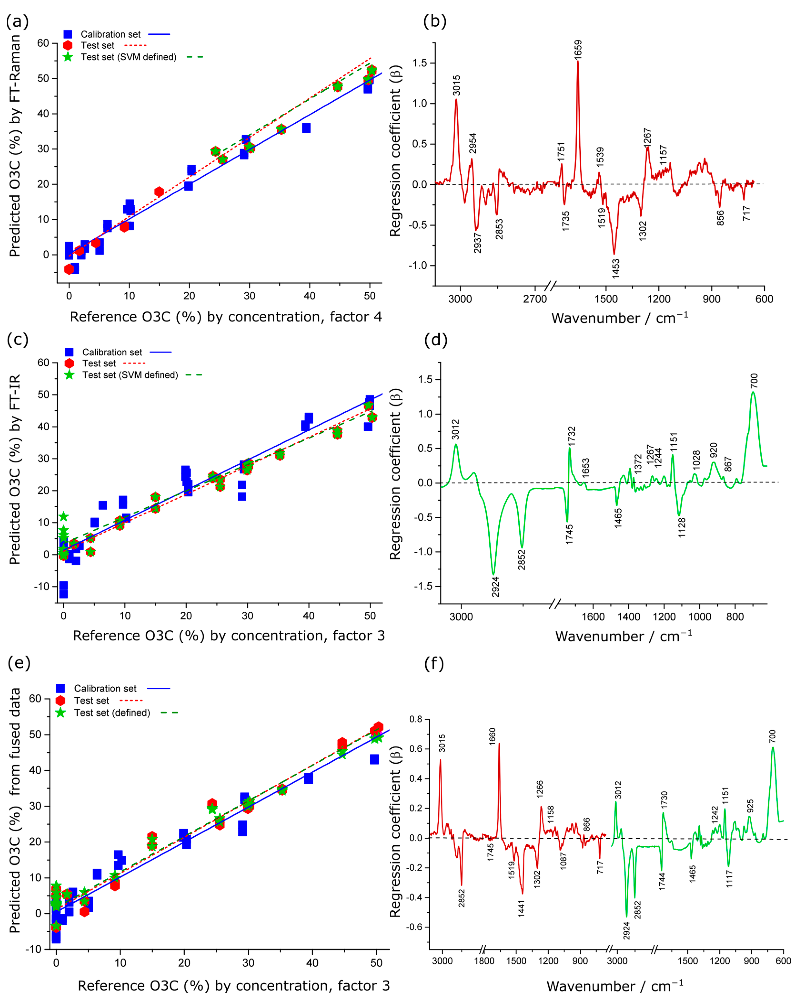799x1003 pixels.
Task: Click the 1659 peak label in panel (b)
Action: click(x=578, y=49)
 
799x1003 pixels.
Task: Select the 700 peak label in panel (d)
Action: click(x=754, y=381)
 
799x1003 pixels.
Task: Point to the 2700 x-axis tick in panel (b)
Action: click(x=535, y=299)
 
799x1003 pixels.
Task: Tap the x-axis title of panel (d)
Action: click(x=623, y=636)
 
